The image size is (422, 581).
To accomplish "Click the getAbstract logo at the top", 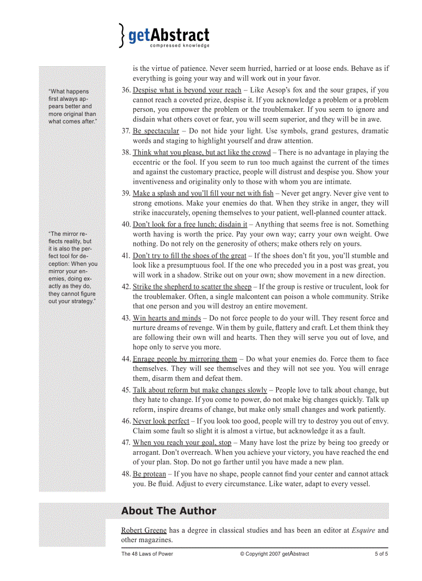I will point(164,36).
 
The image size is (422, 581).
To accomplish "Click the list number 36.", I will point(126,90).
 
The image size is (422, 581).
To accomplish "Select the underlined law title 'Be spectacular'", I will point(156,131).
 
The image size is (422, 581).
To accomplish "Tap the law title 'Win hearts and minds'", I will point(167,318).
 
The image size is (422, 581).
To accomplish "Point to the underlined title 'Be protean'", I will point(149,474).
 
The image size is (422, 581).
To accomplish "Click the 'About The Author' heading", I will point(169,511).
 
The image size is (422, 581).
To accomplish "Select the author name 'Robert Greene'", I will point(144,530).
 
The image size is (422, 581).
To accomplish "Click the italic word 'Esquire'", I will point(364,530).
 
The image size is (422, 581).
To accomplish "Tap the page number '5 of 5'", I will point(381,554).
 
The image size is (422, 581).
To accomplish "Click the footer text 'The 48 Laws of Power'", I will point(147,554).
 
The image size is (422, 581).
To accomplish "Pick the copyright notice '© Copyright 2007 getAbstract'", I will point(274,554).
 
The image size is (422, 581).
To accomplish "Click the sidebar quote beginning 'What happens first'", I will point(72,107).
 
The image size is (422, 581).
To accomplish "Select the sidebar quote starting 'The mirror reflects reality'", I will point(72,267).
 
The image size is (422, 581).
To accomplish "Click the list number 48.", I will point(126,474).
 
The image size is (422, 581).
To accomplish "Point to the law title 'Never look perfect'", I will point(161,421).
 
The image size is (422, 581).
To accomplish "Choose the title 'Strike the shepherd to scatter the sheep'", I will point(192,287).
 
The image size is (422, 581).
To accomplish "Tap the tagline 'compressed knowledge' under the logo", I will point(179,46).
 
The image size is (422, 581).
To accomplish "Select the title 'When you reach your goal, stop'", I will point(182,443).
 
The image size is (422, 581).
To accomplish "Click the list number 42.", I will point(126,287).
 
